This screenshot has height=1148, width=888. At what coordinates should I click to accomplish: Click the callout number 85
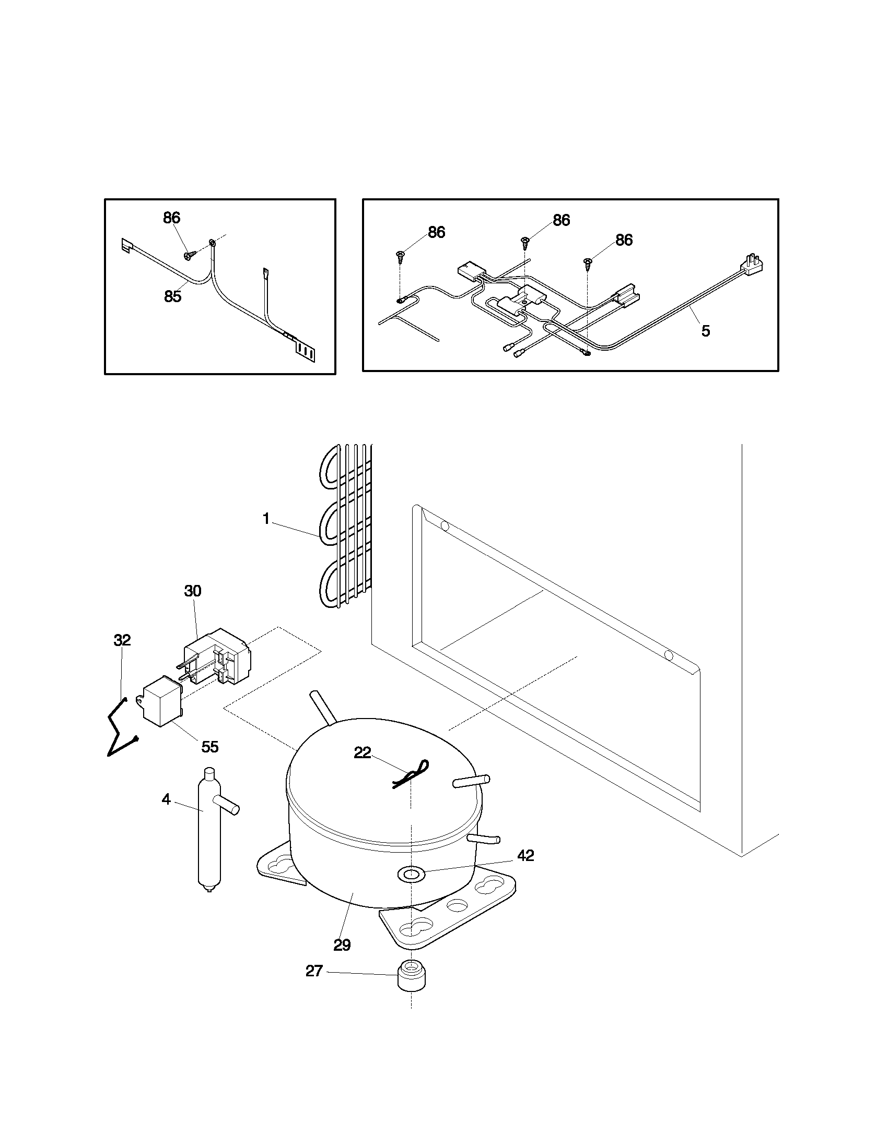pyautogui.click(x=172, y=297)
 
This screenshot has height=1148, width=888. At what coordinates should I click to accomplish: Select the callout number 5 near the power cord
pyautogui.click(x=706, y=331)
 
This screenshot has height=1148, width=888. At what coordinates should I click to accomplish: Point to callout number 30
pyautogui.click(x=193, y=591)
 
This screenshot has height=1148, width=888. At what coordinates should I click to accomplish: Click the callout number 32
pyautogui.click(x=122, y=640)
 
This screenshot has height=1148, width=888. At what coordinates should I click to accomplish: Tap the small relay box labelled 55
pyautogui.click(x=161, y=701)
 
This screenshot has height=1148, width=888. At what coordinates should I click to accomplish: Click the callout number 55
pyautogui.click(x=210, y=747)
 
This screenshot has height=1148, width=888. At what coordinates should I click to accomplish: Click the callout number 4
pyautogui.click(x=166, y=799)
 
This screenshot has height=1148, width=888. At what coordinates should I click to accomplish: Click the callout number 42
pyautogui.click(x=525, y=856)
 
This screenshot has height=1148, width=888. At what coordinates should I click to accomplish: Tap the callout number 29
pyautogui.click(x=342, y=946)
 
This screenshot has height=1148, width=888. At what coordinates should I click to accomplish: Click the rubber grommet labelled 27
pyautogui.click(x=412, y=976)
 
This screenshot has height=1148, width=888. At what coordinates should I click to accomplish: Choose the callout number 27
pyautogui.click(x=314, y=972)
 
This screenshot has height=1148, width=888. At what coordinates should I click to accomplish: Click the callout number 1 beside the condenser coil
pyautogui.click(x=266, y=519)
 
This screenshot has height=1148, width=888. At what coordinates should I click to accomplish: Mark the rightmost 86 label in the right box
pyautogui.click(x=624, y=240)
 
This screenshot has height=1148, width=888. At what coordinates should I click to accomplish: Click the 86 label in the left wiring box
pyautogui.click(x=172, y=218)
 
